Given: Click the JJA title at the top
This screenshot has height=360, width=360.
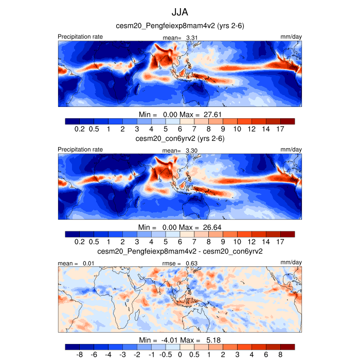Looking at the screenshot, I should pyautogui.click(x=180, y=11).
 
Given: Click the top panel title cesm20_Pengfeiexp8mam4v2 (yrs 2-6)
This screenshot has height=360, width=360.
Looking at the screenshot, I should pyautogui.click(x=180, y=26).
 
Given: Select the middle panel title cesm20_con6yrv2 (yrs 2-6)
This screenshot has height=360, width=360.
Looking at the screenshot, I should pyautogui.click(x=179, y=138).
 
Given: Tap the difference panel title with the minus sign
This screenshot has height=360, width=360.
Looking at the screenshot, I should pyautogui.click(x=180, y=251).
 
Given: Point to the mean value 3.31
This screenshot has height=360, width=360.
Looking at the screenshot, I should pyautogui.click(x=191, y=38).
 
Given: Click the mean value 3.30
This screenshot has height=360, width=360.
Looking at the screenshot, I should pyautogui.click(x=191, y=150).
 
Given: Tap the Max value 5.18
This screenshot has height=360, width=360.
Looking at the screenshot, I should pyautogui.click(x=213, y=340).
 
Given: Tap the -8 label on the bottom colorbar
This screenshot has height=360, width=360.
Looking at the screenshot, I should pyautogui.click(x=80, y=354).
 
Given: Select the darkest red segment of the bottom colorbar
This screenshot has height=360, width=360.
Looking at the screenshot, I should pyautogui.click(x=287, y=347).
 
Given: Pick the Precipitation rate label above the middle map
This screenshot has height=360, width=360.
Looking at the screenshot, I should pyautogui.click(x=80, y=150).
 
